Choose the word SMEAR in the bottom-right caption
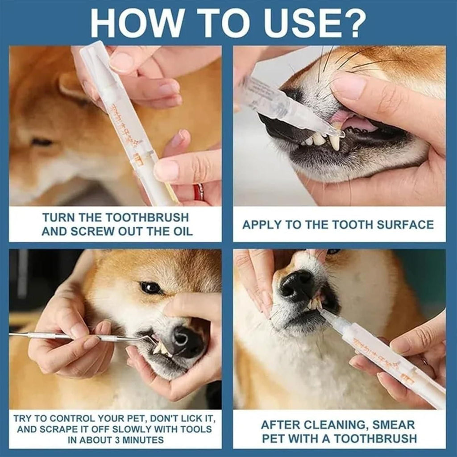click(x=393, y=424)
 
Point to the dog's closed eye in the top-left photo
click(x=42, y=142)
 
